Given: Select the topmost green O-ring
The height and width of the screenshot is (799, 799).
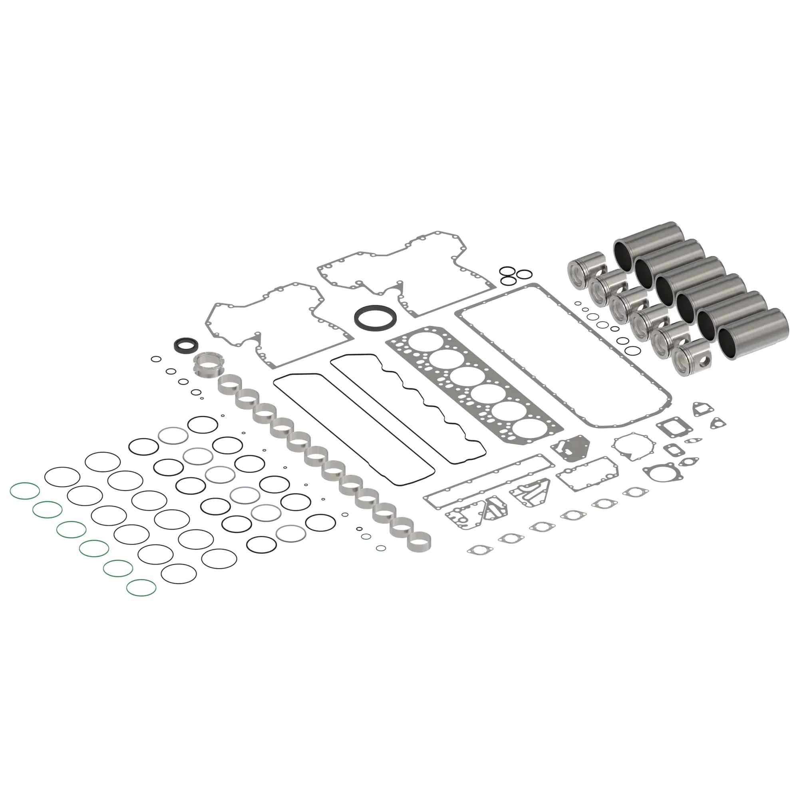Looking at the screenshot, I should pyautogui.click(x=25, y=491).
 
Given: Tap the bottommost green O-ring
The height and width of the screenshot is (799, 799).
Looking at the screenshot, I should pyautogui.click(x=141, y=587).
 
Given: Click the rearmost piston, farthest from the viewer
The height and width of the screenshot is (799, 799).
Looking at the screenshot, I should pyautogui.click(x=586, y=268).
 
